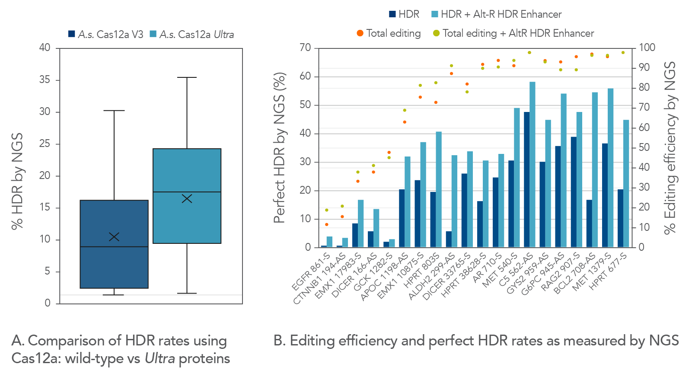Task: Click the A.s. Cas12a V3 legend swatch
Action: tap(72, 34)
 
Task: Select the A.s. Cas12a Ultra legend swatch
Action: tap(153, 34)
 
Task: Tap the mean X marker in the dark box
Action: tap(114, 236)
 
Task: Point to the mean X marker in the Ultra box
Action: tap(187, 198)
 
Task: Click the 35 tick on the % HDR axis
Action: tap(45, 80)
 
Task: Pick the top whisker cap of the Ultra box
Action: tap(187, 77)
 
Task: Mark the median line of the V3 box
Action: tap(114, 247)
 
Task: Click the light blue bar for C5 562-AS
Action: tap(533, 164)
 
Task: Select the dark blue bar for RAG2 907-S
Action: tap(574, 192)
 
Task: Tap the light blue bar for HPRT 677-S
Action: tap(626, 183)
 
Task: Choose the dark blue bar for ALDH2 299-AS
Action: tap(449, 239)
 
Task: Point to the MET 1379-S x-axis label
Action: tap(591, 272)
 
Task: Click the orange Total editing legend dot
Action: tap(360, 33)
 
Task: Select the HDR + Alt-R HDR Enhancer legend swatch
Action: tap(435, 14)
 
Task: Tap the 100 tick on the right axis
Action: tap(647, 48)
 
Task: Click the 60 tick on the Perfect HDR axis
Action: tap(305, 77)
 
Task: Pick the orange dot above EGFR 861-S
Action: tap(327, 224)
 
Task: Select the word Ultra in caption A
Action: tap(159, 359)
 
